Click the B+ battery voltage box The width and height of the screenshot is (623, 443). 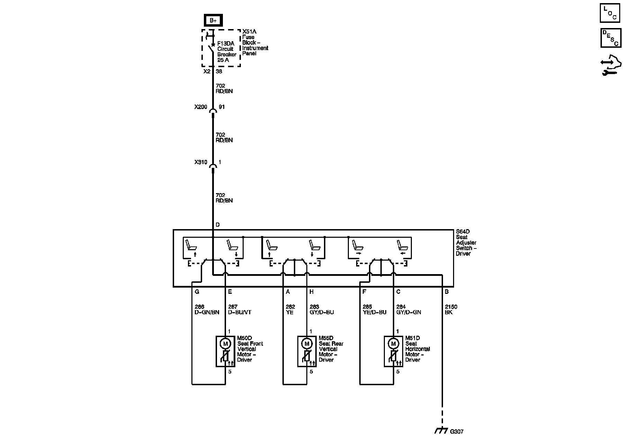coord(213,21)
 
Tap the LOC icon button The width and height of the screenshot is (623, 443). coord(610,13)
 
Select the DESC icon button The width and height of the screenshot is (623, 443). coord(610,38)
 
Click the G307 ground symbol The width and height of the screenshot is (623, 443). coord(441,431)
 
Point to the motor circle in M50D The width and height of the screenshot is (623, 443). coord(226,344)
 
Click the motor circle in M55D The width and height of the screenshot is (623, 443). coord(307,344)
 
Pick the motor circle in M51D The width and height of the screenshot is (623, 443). coord(393,344)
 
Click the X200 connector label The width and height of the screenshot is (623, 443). coord(201,107)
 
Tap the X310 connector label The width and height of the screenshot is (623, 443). coord(201,162)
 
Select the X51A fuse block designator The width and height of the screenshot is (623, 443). coord(249,31)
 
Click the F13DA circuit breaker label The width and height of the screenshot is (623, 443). coord(225,44)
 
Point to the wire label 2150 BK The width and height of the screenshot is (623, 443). coord(451,309)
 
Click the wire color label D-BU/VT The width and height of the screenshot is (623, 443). coord(240,312)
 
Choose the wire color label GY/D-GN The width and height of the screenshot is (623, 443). coord(408,312)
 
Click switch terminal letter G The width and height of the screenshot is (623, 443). coord(197,292)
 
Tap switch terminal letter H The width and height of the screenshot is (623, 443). coord(311,292)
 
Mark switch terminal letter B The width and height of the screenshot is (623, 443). coord(446,292)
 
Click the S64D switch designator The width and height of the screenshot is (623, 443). coord(463,232)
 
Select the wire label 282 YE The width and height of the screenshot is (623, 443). coord(290,309)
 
